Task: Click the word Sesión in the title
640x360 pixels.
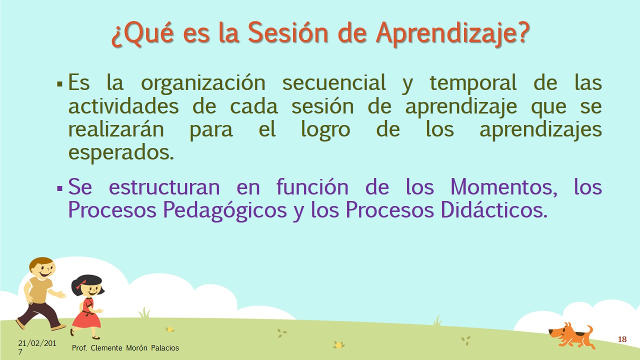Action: click(x=287, y=33)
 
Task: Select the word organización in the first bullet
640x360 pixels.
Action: click(x=203, y=83)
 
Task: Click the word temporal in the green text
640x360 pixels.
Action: click(x=473, y=83)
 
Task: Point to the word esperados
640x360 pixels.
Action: click(x=121, y=152)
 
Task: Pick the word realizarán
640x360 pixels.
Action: click(x=116, y=129)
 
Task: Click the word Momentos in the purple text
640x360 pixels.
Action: click(x=503, y=187)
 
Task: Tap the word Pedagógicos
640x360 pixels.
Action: click(x=225, y=210)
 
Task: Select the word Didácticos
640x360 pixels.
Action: click(x=493, y=209)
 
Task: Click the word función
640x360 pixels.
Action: click(x=312, y=187)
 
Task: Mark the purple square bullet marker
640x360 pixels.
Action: click(x=59, y=188)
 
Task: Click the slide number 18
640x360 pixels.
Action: click(x=622, y=339)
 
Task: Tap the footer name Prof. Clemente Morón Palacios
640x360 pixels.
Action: click(x=125, y=347)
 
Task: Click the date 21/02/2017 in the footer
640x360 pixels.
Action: click(x=37, y=347)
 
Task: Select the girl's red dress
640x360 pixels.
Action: click(x=86, y=313)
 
